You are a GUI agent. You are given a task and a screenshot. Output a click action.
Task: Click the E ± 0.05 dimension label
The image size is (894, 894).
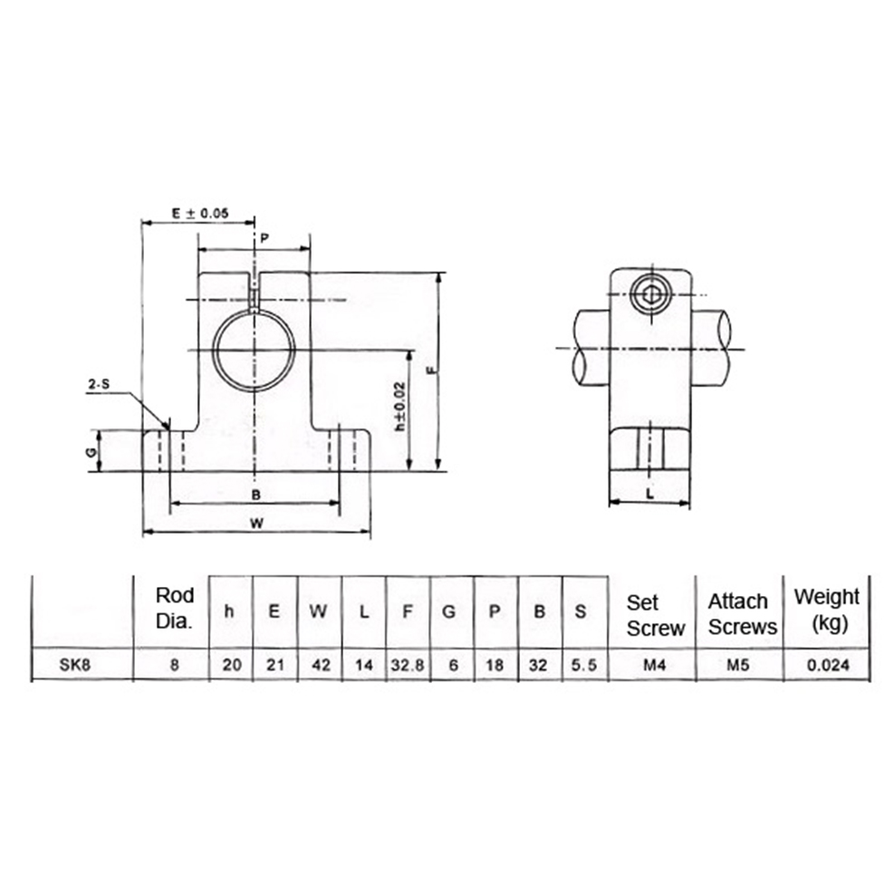[x=200, y=213]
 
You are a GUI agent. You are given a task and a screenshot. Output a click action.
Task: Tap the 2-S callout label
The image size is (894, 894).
[x=99, y=385]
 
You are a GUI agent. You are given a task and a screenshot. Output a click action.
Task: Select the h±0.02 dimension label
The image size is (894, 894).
[x=400, y=407]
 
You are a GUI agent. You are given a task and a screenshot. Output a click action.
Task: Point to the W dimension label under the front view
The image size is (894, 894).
[x=257, y=523]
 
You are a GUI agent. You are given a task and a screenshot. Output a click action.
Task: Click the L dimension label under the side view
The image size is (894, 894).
[x=650, y=495]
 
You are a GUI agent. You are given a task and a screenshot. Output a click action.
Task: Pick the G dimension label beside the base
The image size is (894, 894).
[x=91, y=452]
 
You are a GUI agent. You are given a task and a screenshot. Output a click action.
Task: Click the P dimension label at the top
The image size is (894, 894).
[x=264, y=238]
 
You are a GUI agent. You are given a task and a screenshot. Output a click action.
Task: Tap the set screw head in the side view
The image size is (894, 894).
[x=649, y=294]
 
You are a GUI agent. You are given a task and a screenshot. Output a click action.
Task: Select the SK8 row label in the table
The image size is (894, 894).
[x=74, y=665]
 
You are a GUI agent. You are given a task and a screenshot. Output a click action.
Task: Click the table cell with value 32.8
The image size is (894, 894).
[x=408, y=665]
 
